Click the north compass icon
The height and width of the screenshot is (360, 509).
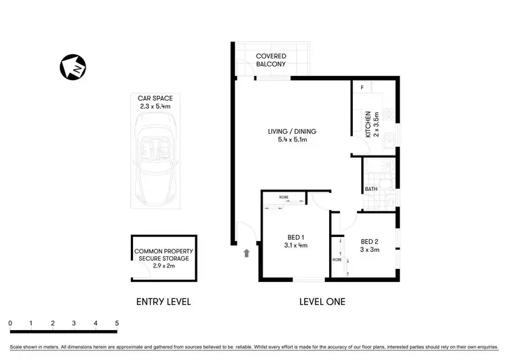tap(73, 69)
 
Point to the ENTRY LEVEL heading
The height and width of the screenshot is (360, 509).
tap(163, 302)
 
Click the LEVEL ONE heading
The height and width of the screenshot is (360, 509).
tap(322, 302)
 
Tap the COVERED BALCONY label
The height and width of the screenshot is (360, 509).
tap(271, 60)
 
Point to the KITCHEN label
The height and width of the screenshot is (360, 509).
tap(369, 124)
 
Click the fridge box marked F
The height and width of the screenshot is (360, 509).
tap(362, 88)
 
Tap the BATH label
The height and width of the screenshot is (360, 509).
tap(371, 190)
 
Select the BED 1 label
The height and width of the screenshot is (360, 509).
tap(294, 237)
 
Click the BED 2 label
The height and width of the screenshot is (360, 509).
tap(370, 241)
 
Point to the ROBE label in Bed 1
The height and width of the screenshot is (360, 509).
tap(283, 197)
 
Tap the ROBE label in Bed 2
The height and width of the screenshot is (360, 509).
tap(337, 259)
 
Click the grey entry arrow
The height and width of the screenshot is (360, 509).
tap(246, 253)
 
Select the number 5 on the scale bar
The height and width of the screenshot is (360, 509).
tap(117, 323)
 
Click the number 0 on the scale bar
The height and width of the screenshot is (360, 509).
tap(10, 323)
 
